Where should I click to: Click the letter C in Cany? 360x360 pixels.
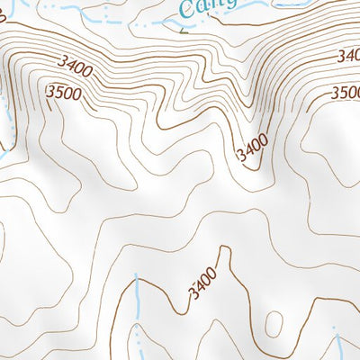(x=187, y=12)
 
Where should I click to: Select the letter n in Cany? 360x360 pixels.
(x=216, y=4)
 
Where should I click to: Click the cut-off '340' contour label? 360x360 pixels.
(x=348, y=56)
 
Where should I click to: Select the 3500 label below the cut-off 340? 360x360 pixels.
(x=346, y=93)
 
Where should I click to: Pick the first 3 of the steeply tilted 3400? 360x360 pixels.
(x=241, y=158)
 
